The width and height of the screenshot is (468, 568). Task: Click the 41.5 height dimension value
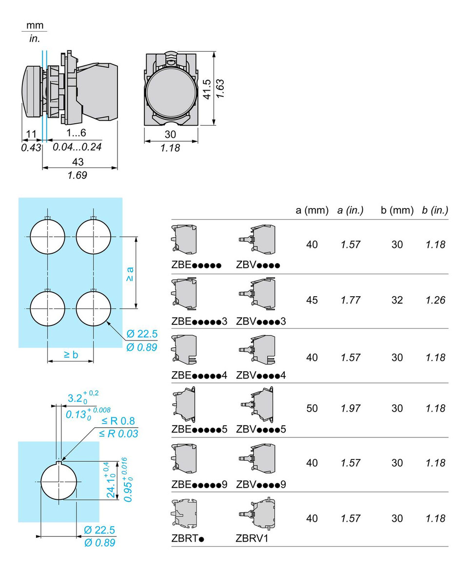click(207, 89)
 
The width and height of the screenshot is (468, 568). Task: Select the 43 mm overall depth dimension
click(78, 161)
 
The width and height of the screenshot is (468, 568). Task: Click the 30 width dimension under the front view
click(170, 134)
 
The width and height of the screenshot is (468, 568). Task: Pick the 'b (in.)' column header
click(434, 210)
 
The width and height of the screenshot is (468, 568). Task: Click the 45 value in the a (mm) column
click(312, 300)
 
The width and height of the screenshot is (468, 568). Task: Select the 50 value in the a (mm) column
click(312, 408)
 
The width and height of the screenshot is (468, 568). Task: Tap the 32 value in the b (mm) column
click(397, 300)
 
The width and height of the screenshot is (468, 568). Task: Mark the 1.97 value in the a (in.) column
click(351, 408)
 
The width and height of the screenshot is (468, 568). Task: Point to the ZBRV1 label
click(252, 538)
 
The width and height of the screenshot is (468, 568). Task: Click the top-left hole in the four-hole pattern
click(47, 237)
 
